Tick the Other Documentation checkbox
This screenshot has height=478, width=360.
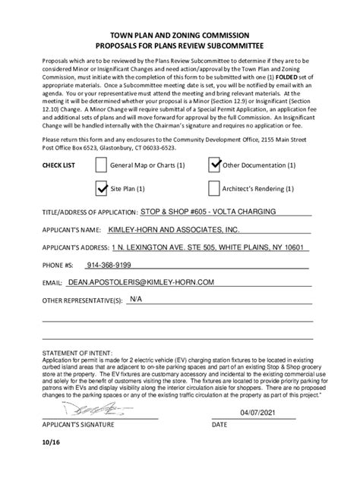[214, 164]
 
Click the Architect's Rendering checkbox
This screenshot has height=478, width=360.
[214, 187]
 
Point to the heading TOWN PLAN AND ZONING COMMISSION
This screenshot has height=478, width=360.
[181, 35]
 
